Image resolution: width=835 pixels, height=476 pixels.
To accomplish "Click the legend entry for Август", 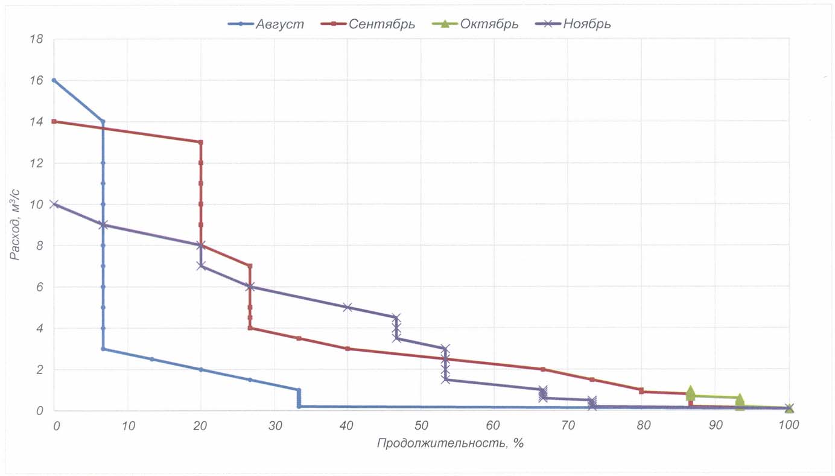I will click(279, 24).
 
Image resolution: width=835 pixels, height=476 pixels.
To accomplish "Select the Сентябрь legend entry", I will click(381, 24).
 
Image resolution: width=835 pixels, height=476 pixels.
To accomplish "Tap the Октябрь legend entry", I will click(489, 24).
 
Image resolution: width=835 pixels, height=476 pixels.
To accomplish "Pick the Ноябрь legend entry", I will click(587, 24).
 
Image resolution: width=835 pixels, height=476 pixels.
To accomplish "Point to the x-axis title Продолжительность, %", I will click(450, 443).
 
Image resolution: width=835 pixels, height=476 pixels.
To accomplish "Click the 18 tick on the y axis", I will click(36, 39).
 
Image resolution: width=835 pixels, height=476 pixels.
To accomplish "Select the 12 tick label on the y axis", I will click(36, 163).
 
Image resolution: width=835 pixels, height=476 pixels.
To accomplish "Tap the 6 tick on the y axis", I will click(39, 287).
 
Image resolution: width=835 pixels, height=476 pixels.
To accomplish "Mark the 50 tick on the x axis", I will click(421, 425).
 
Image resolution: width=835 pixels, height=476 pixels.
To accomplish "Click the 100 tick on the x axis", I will click(788, 425).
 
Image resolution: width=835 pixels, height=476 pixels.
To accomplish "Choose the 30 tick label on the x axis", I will click(274, 425).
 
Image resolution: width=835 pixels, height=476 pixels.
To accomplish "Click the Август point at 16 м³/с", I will click(54, 80).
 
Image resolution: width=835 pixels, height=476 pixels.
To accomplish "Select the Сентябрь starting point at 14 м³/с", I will click(54, 121).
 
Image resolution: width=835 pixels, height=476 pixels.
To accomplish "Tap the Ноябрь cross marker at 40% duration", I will click(348, 307).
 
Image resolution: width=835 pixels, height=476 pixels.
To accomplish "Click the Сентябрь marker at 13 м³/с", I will click(201, 142).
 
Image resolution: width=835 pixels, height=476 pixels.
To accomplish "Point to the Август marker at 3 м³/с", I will click(103, 349).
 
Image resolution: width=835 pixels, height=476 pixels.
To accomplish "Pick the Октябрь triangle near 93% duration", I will click(740, 399).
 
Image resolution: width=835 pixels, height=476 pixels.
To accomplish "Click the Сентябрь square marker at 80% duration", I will click(641, 390).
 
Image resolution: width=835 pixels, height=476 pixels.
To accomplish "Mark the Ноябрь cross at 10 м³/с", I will click(54, 204).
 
